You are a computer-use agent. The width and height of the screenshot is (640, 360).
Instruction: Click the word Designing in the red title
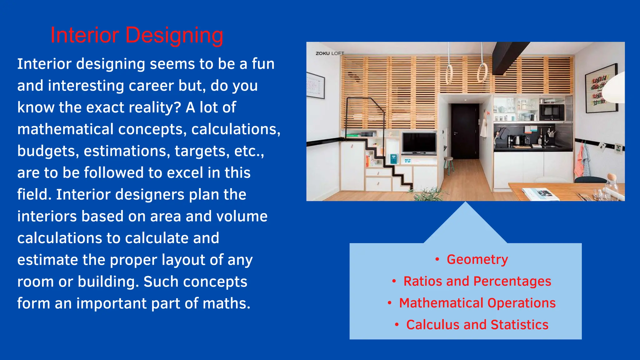174,36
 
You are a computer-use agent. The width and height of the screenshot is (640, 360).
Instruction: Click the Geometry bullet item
477,259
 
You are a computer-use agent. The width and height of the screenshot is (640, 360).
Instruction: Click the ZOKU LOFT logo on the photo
329,53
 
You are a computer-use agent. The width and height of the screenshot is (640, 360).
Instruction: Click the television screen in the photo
419,142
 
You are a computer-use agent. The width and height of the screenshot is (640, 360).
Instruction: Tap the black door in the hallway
465,131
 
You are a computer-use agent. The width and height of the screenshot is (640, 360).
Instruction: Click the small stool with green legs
449,164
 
